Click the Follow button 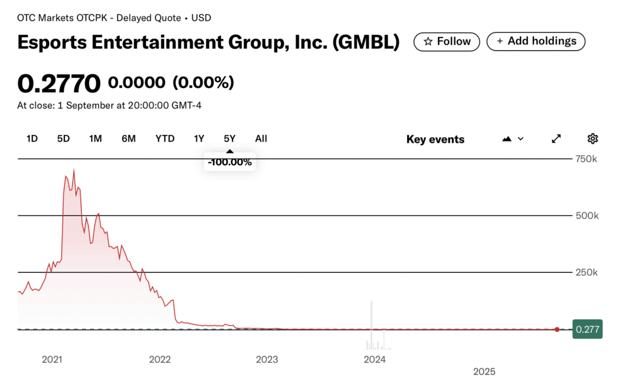(446, 41)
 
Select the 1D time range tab (32, 138)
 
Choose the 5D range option (63, 138)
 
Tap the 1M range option (95, 138)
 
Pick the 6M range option (128, 138)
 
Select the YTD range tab (165, 138)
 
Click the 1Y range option (199, 138)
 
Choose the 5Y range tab (230, 138)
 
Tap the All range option (261, 138)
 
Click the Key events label (435, 139)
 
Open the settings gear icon (593, 138)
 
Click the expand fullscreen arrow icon (556, 138)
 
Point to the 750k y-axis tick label (586, 159)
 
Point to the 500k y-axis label (586, 216)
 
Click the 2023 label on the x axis (267, 359)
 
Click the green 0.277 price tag (587, 329)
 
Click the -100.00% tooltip (230, 162)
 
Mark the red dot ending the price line (557, 329)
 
